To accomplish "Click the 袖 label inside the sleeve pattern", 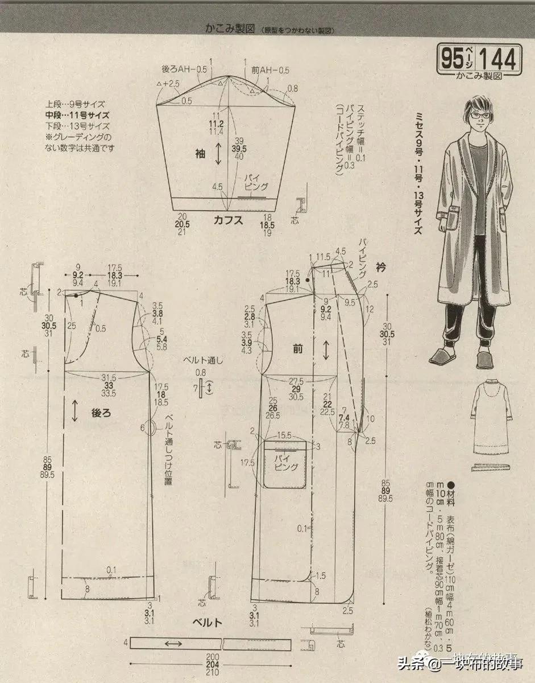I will pos(200,153).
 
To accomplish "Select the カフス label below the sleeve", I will pos(229,221).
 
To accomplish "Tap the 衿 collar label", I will pos(380,266).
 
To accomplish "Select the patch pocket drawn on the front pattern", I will pos(286,464).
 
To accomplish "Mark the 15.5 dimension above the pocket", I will pos(285,435).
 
